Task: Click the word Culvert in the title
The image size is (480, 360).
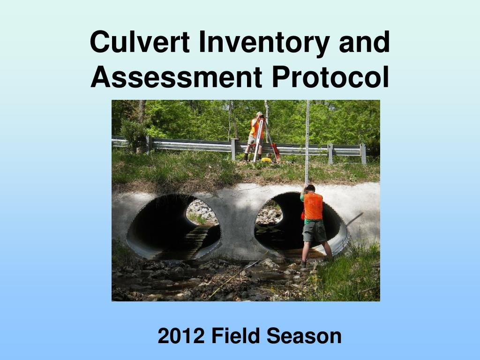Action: tap(140, 42)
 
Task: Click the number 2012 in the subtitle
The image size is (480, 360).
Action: tap(181, 336)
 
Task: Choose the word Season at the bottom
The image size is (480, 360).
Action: tap(304, 336)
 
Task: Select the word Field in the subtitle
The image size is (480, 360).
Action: tap(235, 336)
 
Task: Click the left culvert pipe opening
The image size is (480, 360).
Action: tap(173, 226)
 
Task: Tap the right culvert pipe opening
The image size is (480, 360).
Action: tap(301, 225)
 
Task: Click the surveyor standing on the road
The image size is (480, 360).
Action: tap(256, 136)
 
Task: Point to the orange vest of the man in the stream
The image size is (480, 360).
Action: tap(313, 206)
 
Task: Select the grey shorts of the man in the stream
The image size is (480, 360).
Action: tap(314, 231)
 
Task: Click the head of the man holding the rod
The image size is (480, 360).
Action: tap(310, 188)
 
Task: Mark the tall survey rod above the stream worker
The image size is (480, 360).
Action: tap(307, 142)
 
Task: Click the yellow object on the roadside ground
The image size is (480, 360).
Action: tap(266, 159)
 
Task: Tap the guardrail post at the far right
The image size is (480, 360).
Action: tap(363, 154)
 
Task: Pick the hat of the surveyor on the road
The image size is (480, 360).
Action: tap(259, 113)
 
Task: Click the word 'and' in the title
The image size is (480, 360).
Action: tap(364, 42)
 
